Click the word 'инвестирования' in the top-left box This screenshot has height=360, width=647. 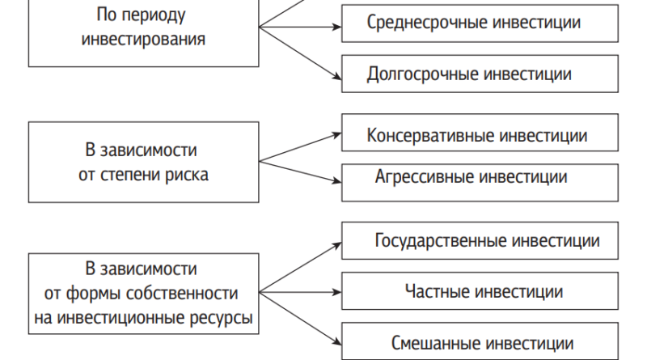point(143,40)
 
